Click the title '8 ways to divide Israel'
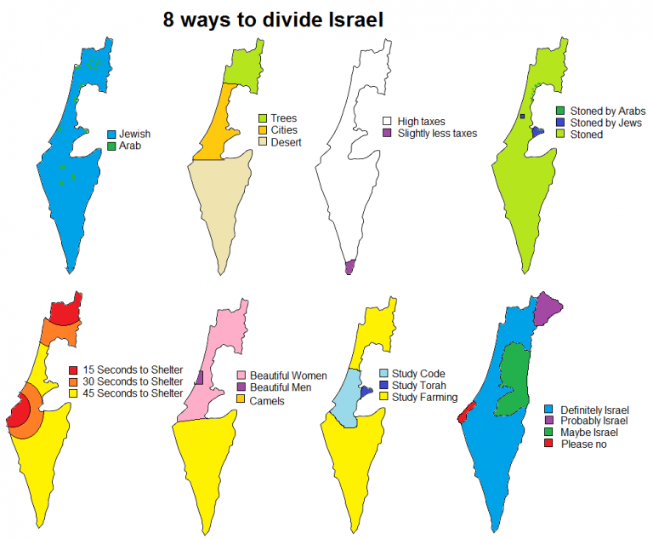click(273, 19)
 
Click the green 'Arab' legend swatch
click(111, 146)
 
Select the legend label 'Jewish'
click(135, 134)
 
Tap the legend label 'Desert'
click(287, 142)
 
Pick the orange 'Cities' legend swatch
click(263, 130)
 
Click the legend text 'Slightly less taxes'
click(437, 134)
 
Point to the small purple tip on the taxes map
click(349, 267)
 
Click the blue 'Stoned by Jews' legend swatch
click(560, 123)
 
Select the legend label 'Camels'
click(267, 400)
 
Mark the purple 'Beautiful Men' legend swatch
click(241, 387)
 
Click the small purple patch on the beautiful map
click(199, 378)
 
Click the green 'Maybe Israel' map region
click(512, 378)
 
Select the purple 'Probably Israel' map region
click(548, 309)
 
